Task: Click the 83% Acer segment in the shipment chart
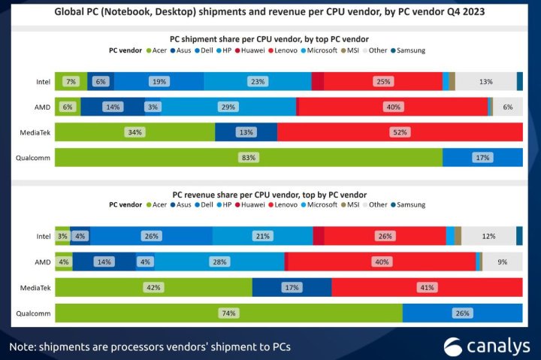coord(249,158)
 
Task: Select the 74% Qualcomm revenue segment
coord(228,313)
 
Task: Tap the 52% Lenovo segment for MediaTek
coord(399,132)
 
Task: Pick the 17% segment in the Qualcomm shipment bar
coord(482,158)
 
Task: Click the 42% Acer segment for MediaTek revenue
coord(154,287)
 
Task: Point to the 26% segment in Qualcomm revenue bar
coord(462,313)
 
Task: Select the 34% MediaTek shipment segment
coord(135,132)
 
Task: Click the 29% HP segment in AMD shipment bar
coord(227,107)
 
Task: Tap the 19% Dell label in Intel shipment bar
coord(159,81)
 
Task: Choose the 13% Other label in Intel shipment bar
coord(485,81)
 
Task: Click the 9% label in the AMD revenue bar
coord(502,262)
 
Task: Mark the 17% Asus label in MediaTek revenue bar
coord(292,287)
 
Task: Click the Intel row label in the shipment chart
coord(44,81)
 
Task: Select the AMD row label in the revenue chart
coord(42,262)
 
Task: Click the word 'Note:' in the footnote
coord(25,346)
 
